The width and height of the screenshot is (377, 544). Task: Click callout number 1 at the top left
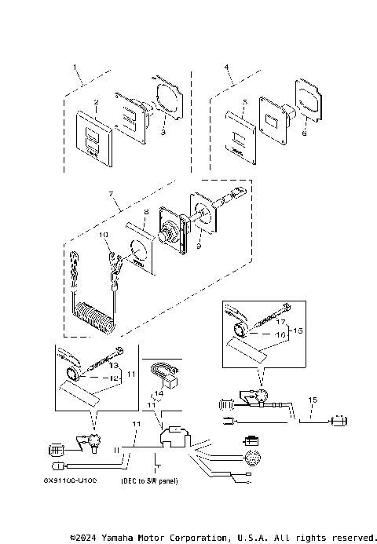[x=75, y=68]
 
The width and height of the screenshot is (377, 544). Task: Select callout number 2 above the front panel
[x=95, y=102]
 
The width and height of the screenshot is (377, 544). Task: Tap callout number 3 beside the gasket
[x=163, y=134]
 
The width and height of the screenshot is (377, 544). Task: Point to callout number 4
[x=226, y=68]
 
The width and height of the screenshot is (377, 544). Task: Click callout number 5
[x=245, y=102]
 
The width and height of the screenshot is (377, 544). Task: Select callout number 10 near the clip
[x=103, y=234]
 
